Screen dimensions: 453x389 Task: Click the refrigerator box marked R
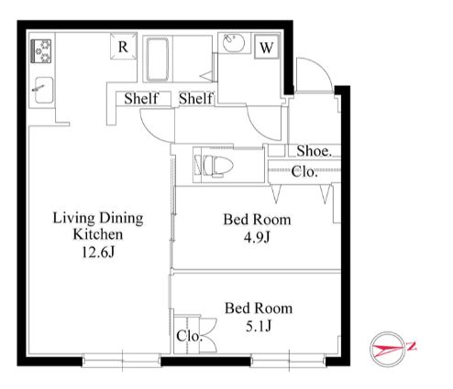(123, 46)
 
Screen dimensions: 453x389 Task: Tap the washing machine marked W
(267, 47)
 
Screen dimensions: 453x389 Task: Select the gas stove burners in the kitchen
(41, 51)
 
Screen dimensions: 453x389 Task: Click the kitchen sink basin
(44, 90)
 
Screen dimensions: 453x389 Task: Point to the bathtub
(158, 59)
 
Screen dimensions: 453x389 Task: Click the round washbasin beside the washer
(233, 43)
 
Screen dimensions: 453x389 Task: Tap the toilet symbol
(215, 166)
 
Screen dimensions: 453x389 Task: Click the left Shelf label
(141, 99)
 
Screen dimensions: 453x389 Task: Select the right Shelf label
(196, 99)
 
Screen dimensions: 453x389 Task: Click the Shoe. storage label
(315, 151)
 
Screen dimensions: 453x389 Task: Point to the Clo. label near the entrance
(304, 172)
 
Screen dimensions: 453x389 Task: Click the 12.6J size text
(98, 253)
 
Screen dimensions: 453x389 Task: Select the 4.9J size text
(257, 237)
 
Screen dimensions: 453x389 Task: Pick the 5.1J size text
(259, 326)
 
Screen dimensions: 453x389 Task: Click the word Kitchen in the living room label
(98, 234)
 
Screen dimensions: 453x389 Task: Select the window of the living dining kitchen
(122, 360)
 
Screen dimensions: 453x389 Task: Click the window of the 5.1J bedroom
(289, 360)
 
